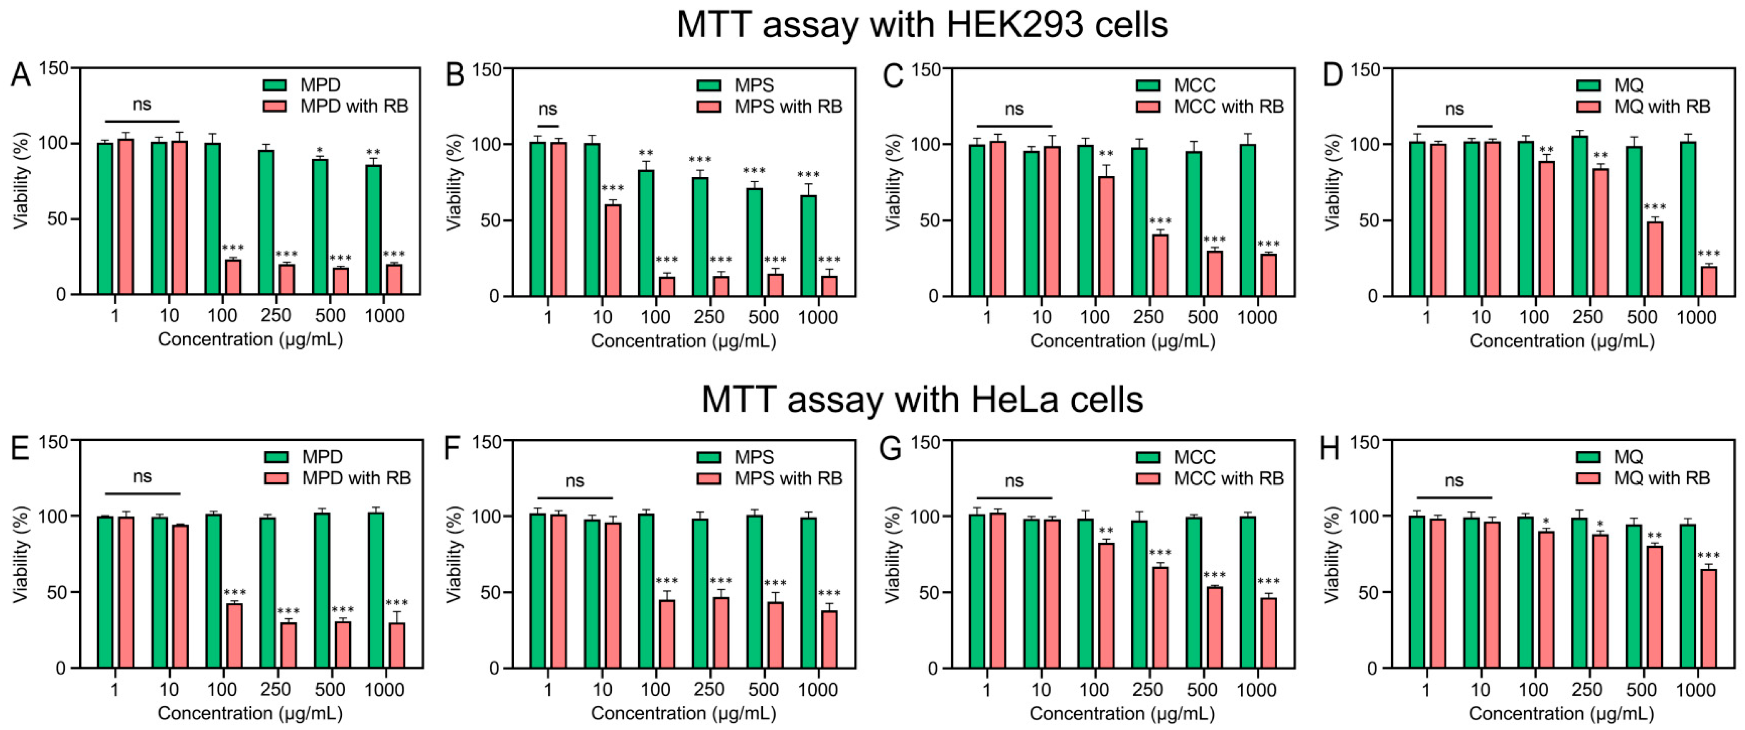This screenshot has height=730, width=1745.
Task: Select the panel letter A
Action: coord(21,75)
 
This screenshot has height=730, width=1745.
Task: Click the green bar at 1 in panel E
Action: coord(105,592)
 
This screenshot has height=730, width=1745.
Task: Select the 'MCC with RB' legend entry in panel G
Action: coord(1210,479)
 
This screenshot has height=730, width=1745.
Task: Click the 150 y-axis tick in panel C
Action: coord(927,69)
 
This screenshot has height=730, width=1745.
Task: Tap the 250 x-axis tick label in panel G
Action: coord(1148,690)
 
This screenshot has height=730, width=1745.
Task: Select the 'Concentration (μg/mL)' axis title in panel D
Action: coord(1561,341)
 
